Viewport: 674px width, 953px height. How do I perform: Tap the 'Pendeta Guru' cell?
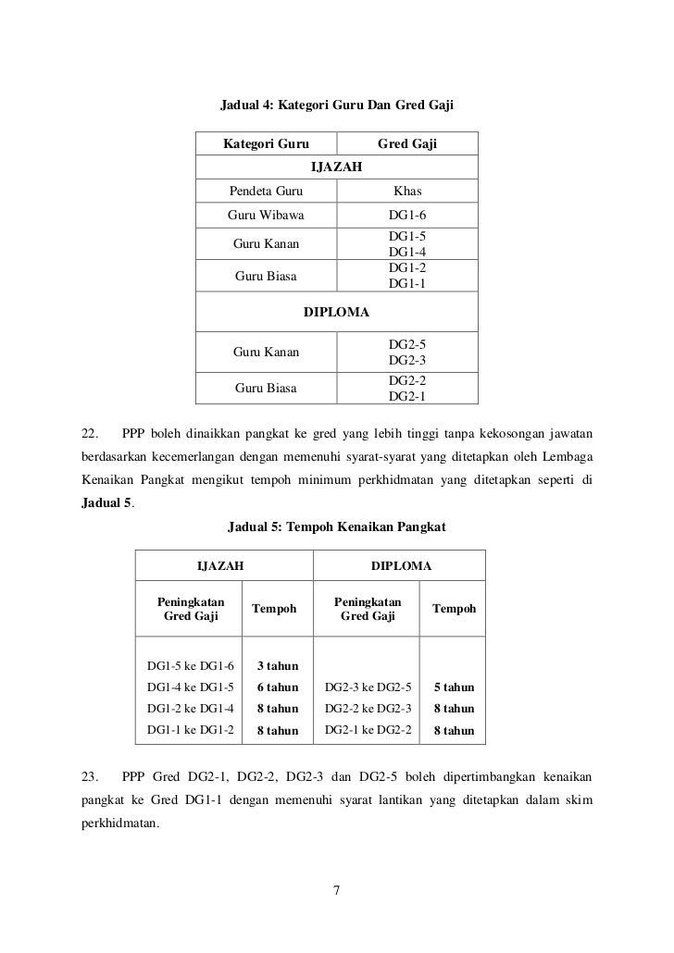coord(265,192)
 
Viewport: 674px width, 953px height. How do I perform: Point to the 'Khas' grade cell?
coord(407,192)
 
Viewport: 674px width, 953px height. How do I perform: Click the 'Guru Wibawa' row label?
coord(265,216)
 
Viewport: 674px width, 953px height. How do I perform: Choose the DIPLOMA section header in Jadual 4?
coord(337,312)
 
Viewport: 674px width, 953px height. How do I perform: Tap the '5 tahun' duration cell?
coord(453,687)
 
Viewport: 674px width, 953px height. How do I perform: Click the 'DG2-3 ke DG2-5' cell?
coord(368,687)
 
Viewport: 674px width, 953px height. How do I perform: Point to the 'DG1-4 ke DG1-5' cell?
coord(191,687)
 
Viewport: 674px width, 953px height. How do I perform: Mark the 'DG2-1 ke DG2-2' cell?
coord(368,730)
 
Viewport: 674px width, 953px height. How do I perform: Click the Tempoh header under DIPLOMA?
coord(453,609)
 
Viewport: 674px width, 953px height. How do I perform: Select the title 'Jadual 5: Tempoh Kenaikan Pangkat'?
coord(337,527)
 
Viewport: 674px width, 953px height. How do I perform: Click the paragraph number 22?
coord(90,433)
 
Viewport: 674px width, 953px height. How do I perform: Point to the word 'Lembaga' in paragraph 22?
coord(571,457)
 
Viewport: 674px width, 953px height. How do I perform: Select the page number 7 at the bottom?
coord(337,891)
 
